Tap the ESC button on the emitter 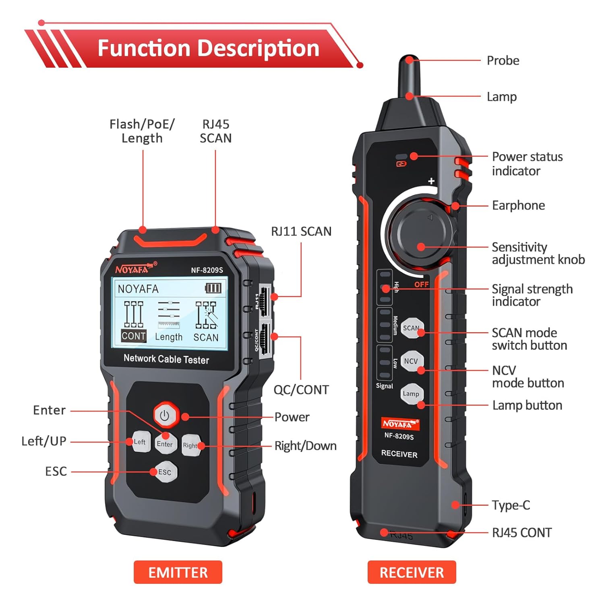coord(164,472)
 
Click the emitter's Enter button coord(165,444)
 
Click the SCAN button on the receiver coord(412,328)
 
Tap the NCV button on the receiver coord(411,361)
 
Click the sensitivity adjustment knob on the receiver coord(420,234)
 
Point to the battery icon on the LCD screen coord(213,288)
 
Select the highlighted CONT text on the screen coord(133,336)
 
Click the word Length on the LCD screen coord(169,337)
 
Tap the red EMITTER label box coord(178,572)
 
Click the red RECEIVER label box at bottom coord(412,572)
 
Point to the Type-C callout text coord(511,505)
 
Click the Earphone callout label coord(518,205)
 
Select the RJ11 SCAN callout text coord(301,231)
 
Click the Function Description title coord(208,48)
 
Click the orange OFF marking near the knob coord(421,284)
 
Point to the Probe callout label coord(503,60)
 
